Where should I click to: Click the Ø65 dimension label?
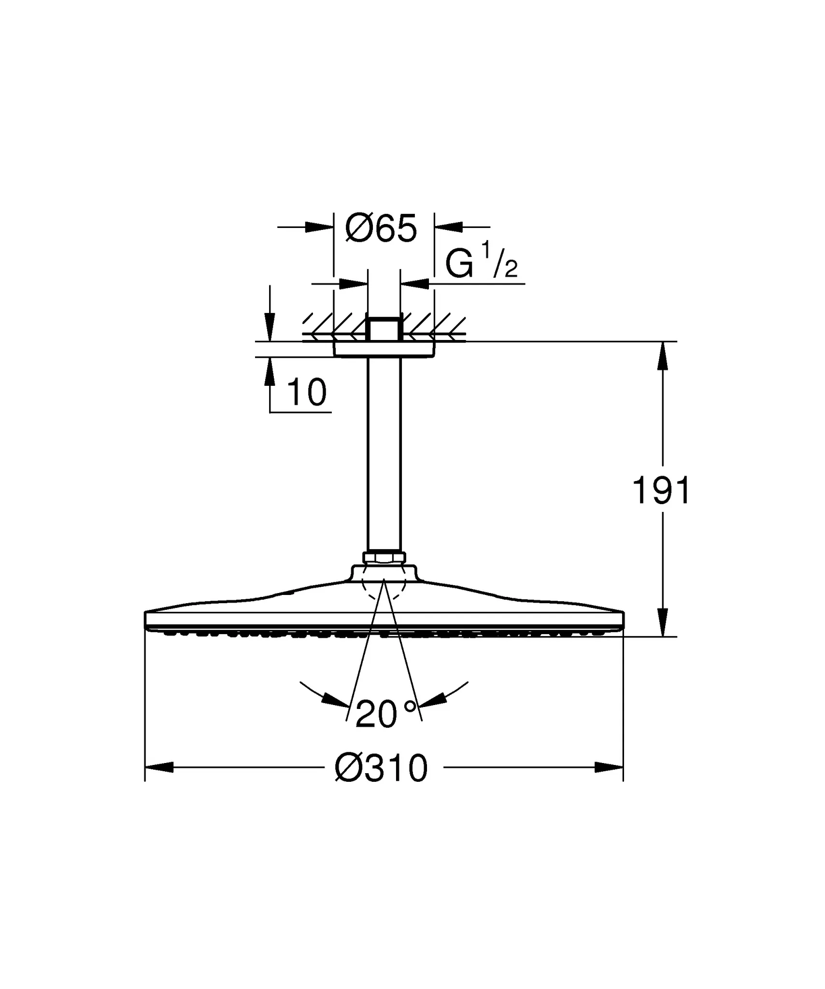tap(381, 228)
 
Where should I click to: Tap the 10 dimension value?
tap(306, 392)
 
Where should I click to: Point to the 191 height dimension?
tap(662, 491)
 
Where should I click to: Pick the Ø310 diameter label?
tap(381, 768)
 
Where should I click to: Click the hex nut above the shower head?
tap(384, 558)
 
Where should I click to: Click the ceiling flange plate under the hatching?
tap(384, 349)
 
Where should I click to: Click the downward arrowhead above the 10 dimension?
tap(270, 327)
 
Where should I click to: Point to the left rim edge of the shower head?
tap(146, 619)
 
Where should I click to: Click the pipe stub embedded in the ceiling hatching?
tap(384, 328)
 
